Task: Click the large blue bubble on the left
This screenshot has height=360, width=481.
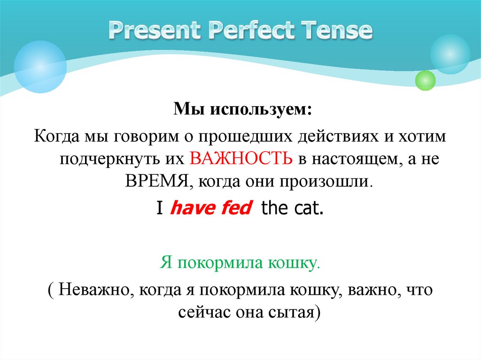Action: tap(40, 66)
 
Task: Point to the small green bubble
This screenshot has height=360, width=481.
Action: tap(426, 80)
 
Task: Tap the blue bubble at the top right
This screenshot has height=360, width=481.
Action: tap(450, 54)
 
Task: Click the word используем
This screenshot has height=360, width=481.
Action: tap(260, 112)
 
